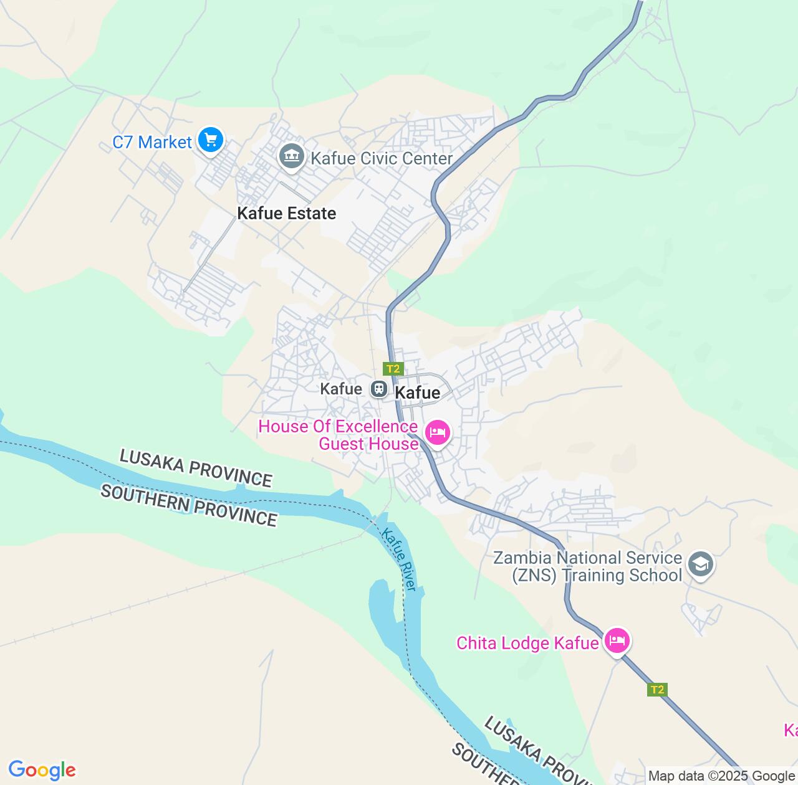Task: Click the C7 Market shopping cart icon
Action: click(x=211, y=140)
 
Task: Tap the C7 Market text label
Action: click(x=152, y=142)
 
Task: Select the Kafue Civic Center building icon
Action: click(x=291, y=156)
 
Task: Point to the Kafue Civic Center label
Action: click(x=382, y=158)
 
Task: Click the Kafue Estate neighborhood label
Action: click(x=286, y=213)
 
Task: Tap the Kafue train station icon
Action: click(x=378, y=389)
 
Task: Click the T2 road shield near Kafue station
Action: click(x=393, y=368)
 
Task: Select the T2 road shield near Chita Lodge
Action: click(x=657, y=690)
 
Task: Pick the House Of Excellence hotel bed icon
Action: click(x=437, y=432)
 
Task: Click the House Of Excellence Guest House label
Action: click(x=338, y=435)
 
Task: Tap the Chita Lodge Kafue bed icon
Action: click(x=617, y=641)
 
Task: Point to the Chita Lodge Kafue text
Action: click(x=527, y=643)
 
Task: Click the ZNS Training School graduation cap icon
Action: click(x=700, y=564)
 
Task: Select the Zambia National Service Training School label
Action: click(x=588, y=566)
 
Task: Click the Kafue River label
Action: click(x=399, y=559)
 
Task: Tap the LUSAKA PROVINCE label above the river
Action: click(x=196, y=468)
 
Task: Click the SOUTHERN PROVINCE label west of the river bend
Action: click(x=188, y=505)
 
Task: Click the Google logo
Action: click(x=42, y=770)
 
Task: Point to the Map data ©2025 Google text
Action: click(x=722, y=776)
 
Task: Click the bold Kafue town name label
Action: click(x=418, y=392)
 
